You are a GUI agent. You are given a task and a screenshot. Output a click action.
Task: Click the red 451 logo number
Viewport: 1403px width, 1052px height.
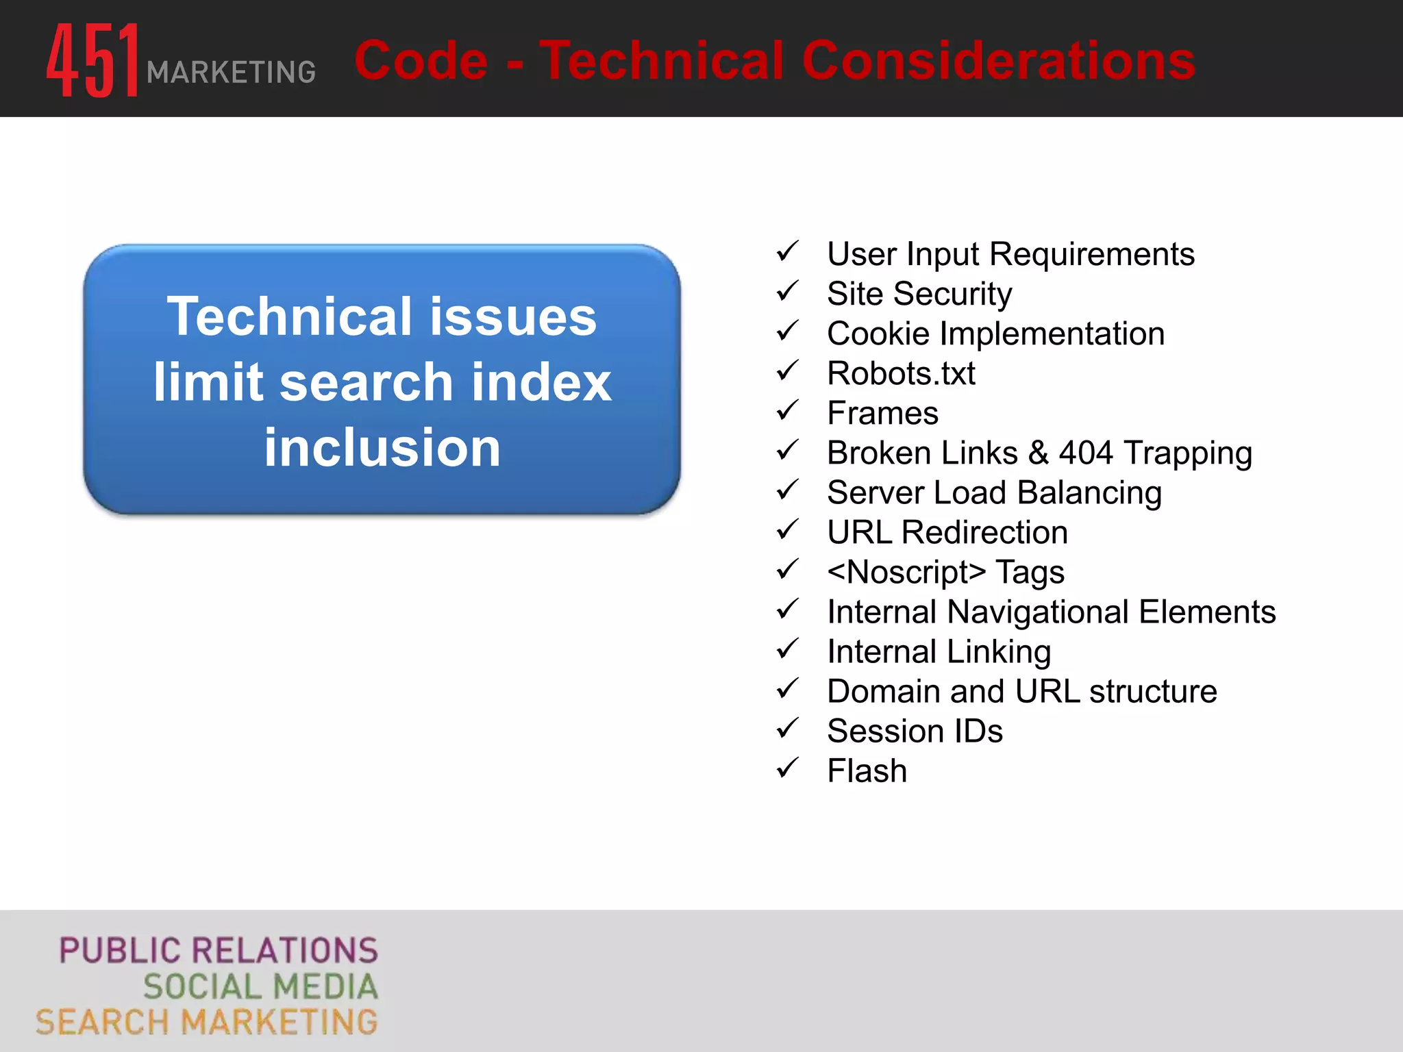click(93, 60)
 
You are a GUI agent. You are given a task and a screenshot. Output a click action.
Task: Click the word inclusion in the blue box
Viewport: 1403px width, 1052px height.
click(382, 447)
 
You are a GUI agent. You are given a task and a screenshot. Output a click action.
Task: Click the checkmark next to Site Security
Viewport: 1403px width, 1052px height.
click(788, 292)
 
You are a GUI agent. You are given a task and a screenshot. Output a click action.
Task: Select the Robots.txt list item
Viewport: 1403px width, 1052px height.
click(901, 373)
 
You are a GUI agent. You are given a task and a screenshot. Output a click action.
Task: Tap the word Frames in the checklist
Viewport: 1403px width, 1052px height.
click(882, 413)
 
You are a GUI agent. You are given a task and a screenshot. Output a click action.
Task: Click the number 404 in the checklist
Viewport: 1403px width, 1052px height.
click(1086, 453)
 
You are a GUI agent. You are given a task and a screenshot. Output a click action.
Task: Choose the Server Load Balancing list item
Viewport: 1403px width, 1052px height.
click(994, 492)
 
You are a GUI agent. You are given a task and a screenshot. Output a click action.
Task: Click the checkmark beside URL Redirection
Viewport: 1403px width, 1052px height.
click(788, 530)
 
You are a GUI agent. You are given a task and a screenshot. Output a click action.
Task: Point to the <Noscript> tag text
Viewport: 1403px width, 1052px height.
click(906, 572)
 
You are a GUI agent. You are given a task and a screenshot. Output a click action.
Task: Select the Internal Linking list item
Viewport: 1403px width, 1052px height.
click(939, 651)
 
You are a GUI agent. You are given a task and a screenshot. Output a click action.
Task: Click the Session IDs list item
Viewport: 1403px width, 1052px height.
click(915, 731)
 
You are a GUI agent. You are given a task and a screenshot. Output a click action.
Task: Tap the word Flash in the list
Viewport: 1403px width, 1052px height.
click(867, 771)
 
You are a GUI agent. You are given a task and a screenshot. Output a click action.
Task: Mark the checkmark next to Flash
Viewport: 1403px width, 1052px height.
click(788, 768)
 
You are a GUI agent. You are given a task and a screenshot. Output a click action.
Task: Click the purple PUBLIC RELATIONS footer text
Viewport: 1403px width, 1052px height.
click(219, 951)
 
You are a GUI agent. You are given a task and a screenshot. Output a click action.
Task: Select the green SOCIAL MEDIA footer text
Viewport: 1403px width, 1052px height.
click(260, 986)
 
